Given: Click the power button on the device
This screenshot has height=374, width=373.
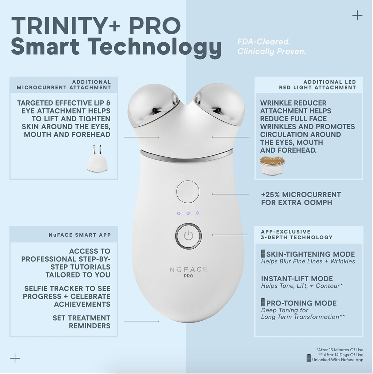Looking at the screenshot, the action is [188, 236].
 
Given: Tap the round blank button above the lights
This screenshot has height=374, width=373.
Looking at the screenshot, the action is [188, 192].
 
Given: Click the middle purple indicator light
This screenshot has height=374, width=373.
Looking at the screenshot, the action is [188, 213].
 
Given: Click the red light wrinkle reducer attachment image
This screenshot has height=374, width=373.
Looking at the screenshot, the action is [272, 165].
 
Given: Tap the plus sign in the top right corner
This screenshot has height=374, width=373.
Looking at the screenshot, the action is [357, 15].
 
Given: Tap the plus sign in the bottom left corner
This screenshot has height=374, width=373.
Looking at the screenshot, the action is [15, 358].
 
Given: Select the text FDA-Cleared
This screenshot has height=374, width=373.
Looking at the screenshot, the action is [264, 42].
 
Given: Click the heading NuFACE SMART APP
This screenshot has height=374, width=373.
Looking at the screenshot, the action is [80, 235].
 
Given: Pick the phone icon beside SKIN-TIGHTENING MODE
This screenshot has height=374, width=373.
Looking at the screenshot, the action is [263, 253].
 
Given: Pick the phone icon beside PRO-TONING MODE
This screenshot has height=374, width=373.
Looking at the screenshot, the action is [263, 302].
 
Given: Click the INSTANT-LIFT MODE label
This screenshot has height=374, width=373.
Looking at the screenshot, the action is [297, 279].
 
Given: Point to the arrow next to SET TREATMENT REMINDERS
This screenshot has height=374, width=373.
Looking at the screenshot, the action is [142, 321].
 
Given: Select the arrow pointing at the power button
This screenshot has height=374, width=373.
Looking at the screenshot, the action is [230, 235].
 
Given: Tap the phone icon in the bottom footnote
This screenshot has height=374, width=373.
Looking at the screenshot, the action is [309, 358].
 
